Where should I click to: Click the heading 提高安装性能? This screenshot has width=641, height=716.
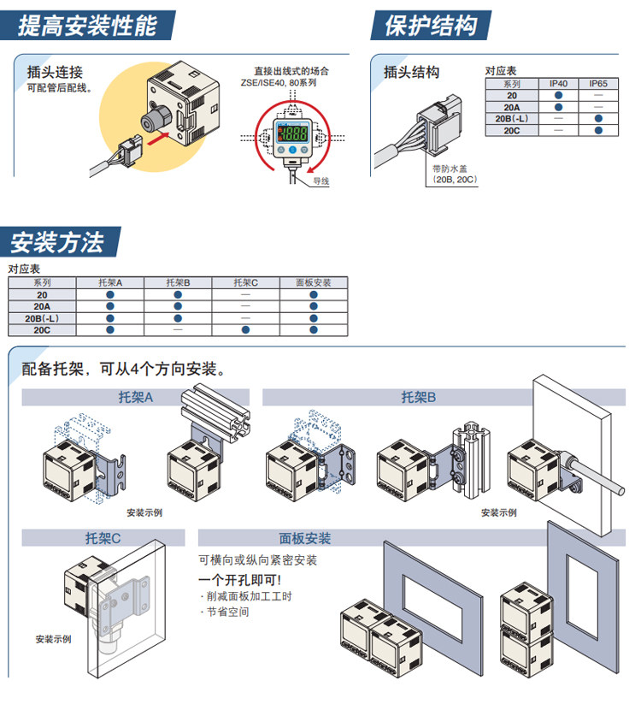click(x=87, y=26)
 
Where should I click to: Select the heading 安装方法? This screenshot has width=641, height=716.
click(x=57, y=243)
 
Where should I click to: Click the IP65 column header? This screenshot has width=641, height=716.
click(x=598, y=84)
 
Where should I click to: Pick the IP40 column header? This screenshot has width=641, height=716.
click(x=558, y=84)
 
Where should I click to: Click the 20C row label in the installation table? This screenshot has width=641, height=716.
click(x=42, y=328)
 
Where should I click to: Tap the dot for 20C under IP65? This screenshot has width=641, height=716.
click(x=598, y=131)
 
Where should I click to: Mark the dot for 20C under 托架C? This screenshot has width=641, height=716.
click(x=245, y=328)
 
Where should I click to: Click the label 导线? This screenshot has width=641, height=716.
click(x=320, y=181)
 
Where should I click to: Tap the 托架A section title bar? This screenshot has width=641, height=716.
click(x=135, y=397)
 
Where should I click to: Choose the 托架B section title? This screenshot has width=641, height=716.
click(x=419, y=397)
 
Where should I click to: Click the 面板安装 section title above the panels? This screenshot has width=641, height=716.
click(x=305, y=539)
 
